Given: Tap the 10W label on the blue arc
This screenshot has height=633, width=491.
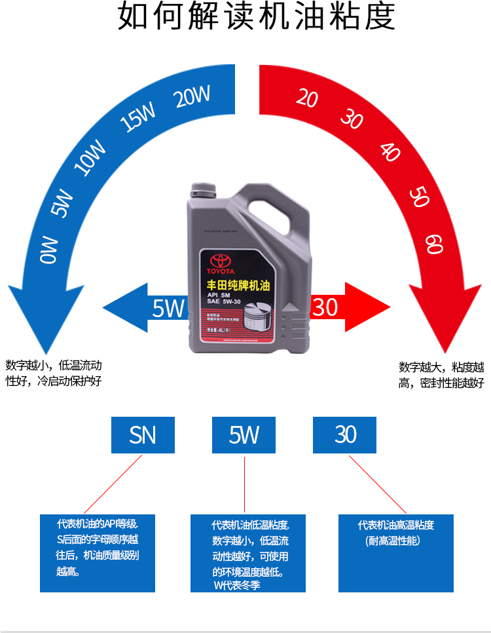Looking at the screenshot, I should click(90, 157).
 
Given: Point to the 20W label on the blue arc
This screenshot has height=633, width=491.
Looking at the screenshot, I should click(192, 97).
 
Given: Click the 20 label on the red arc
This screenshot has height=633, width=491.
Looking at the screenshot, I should click(306, 98).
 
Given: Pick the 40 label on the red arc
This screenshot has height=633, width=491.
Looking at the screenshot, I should click(390, 151).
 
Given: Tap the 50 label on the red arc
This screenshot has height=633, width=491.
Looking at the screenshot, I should click(419, 196).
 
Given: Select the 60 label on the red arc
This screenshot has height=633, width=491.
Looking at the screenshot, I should click(434, 244).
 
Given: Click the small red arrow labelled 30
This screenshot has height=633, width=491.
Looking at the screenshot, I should click(347, 307).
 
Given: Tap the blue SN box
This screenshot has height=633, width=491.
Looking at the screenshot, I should click(143, 434).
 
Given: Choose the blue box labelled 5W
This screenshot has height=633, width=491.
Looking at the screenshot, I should click(244, 434).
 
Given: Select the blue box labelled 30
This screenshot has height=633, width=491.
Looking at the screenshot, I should click(344, 434).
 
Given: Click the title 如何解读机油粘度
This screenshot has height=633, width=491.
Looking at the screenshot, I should click(256, 17).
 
